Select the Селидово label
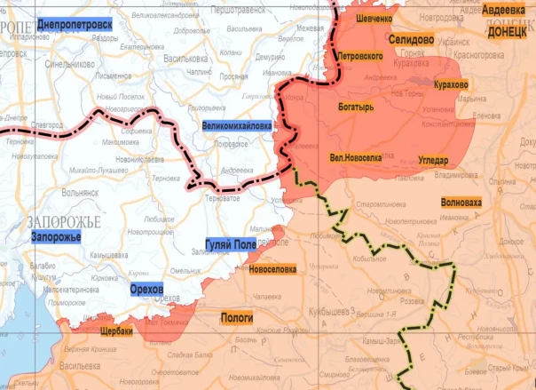tap(411, 41)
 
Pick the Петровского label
tap(360, 56)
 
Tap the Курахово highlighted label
tap(451, 84)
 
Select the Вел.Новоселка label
tap(355, 157)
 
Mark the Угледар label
tap(438, 160)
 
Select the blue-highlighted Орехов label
tap(146, 291)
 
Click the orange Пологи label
tap(236, 317)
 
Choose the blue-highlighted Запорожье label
tap(56, 237)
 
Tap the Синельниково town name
tap(70, 64)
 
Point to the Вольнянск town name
tap(80, 190)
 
